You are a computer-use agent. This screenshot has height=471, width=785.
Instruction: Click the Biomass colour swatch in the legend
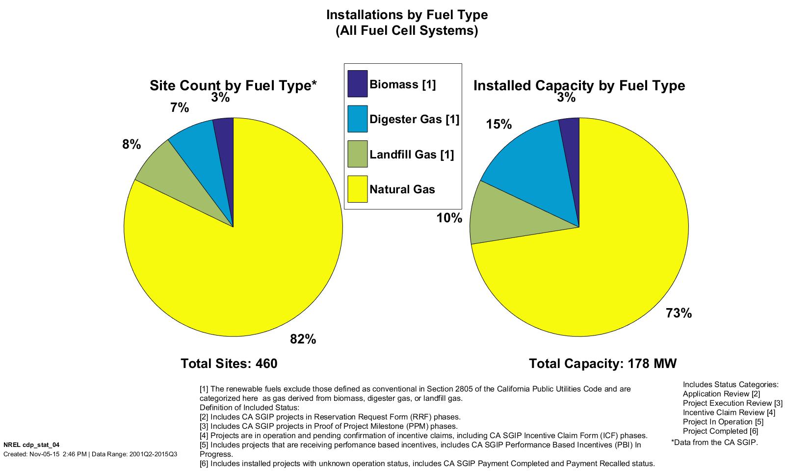357,84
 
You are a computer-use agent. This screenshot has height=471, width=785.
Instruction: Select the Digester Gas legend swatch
357,119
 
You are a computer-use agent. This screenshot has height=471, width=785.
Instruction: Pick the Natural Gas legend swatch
357,189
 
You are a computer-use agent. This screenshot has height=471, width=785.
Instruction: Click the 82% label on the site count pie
303,339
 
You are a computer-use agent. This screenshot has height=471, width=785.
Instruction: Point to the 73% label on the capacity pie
679,313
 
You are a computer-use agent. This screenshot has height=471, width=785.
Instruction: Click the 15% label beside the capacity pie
498,125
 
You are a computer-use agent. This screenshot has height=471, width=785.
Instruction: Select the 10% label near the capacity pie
449,218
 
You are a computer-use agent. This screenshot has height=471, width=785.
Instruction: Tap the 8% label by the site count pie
131,145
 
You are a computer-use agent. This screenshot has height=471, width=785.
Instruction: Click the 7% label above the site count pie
180,108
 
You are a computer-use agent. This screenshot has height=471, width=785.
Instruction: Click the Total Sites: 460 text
229,364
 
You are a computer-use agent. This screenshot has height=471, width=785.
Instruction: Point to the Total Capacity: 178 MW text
602,364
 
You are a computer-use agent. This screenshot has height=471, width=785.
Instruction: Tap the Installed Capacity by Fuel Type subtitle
579,86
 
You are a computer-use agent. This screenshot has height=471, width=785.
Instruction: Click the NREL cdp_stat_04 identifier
31,445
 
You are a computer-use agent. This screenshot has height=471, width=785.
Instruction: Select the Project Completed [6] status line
720,431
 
